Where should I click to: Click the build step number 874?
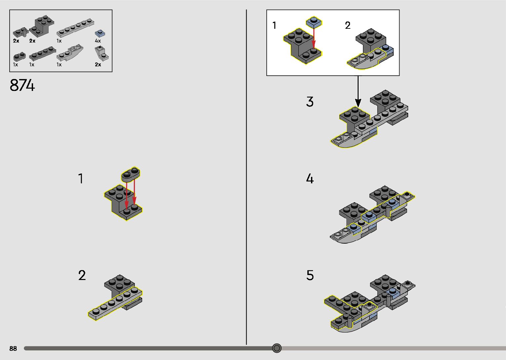22,85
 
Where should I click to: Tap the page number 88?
13,348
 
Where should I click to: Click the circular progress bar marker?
277,348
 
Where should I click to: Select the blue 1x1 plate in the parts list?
100,33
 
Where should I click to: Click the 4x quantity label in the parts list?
98,41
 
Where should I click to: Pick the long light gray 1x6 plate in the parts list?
75,28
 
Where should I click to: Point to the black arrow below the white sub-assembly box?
358,91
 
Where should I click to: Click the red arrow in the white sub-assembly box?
314,38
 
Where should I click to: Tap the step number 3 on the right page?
310,101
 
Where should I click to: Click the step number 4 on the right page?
310,179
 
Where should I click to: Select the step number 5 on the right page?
310,275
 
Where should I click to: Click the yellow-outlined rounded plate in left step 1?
131,175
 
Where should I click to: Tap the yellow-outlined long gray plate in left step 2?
115,303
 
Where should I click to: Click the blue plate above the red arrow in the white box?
314,22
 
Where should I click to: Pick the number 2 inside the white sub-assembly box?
348,25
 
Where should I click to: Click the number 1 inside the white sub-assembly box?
274,25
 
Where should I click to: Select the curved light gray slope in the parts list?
70,53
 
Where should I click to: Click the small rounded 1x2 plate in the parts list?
19,56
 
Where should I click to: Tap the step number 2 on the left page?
82,275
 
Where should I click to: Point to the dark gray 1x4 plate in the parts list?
42,54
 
